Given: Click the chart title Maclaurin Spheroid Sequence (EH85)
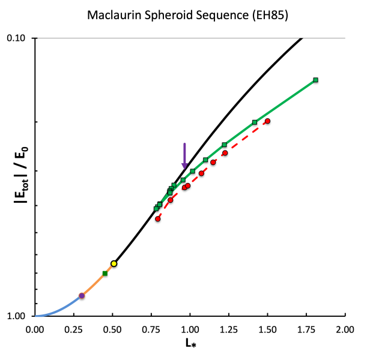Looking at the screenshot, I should [186, 16].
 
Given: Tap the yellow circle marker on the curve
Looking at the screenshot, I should [114, 263].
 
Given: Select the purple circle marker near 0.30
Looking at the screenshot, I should [82, 296].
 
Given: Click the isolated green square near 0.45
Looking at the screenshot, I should [105, 274].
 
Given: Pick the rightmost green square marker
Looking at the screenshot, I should [315, 80].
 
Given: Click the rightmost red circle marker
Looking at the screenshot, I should [267, 121].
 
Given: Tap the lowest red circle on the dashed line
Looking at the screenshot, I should [158, 219].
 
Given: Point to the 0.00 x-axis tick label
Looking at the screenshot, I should [35, 329].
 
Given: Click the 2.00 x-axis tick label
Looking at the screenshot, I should [345, 329].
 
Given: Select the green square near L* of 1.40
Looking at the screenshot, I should [255, 122].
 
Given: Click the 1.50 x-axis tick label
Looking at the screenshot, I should [267, 329].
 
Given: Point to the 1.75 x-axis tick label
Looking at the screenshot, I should [306, 329].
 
